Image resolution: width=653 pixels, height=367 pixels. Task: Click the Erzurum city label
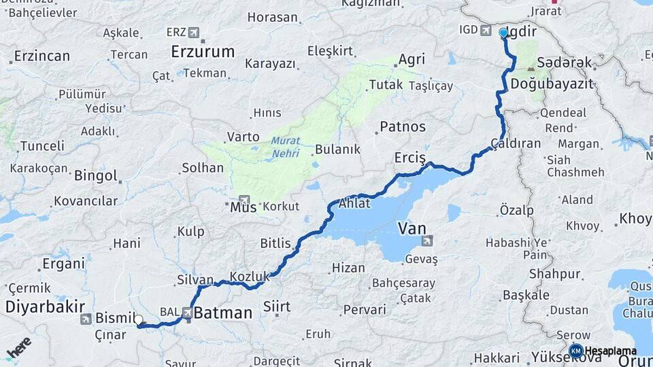tap(203, 51)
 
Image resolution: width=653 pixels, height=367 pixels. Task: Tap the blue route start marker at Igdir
tap(503, 33)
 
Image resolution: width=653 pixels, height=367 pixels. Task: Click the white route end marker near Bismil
tap(139, 319)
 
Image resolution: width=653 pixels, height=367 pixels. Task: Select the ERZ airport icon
tap(194, 32)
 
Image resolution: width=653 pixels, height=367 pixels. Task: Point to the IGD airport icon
tap(486, 30)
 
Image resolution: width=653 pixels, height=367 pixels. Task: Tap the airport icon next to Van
tap(426, 241)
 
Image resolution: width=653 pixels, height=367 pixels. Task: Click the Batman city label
tap(223, 313)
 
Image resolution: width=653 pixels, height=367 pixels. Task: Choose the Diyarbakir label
tap(45, 306)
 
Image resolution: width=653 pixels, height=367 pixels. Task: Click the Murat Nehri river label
tap(286, 147)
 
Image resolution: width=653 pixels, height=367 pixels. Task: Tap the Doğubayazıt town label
tap(552, 84)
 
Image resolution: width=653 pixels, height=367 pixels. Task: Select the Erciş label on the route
tap(409, 158)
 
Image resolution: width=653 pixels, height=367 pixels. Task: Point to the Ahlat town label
tap(354, 203)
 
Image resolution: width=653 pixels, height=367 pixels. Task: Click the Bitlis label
tap(275, 243)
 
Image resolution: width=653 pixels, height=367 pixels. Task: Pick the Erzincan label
tap(42, 55)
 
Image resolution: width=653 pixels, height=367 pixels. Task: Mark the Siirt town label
tap(277, 307)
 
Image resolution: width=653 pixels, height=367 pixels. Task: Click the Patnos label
tap(403, 126)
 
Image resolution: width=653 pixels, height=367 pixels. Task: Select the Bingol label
tap(96, 176)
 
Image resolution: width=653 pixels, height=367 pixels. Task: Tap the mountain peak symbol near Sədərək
tap(530, 67)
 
